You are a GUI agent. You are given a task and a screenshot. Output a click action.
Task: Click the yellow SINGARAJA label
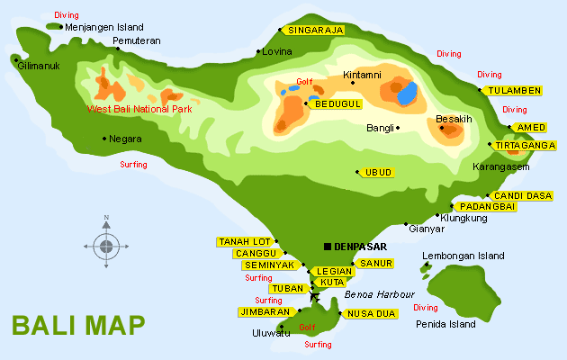(x=314, y=30)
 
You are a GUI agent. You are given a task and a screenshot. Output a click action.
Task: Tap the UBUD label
(x=378, y=172)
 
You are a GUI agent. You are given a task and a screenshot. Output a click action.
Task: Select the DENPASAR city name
(x=360, y=247)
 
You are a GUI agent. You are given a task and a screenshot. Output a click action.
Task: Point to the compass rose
(x=106, y=245)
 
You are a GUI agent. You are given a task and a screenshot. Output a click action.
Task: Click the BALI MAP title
(x=77, y=325)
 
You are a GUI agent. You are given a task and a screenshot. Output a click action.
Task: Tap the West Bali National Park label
(x=139, y=109)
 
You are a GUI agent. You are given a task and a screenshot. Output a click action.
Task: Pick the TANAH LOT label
(x=244, y=241)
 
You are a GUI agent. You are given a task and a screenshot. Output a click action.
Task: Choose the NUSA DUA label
(x=371, y=313)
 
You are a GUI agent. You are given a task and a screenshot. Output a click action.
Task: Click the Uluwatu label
(x=271, y=333)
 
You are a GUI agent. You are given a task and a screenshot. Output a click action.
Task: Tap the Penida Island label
(x=445, y=323)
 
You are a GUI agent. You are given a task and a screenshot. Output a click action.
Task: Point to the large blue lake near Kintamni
(x=408, y=93)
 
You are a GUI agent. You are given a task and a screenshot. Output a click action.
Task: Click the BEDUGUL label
(x=337, y=104)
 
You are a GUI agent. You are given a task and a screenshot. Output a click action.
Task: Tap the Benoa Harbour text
(x=379, y=294)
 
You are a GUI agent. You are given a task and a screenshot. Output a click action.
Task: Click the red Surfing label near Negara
(x=133, y=165)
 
